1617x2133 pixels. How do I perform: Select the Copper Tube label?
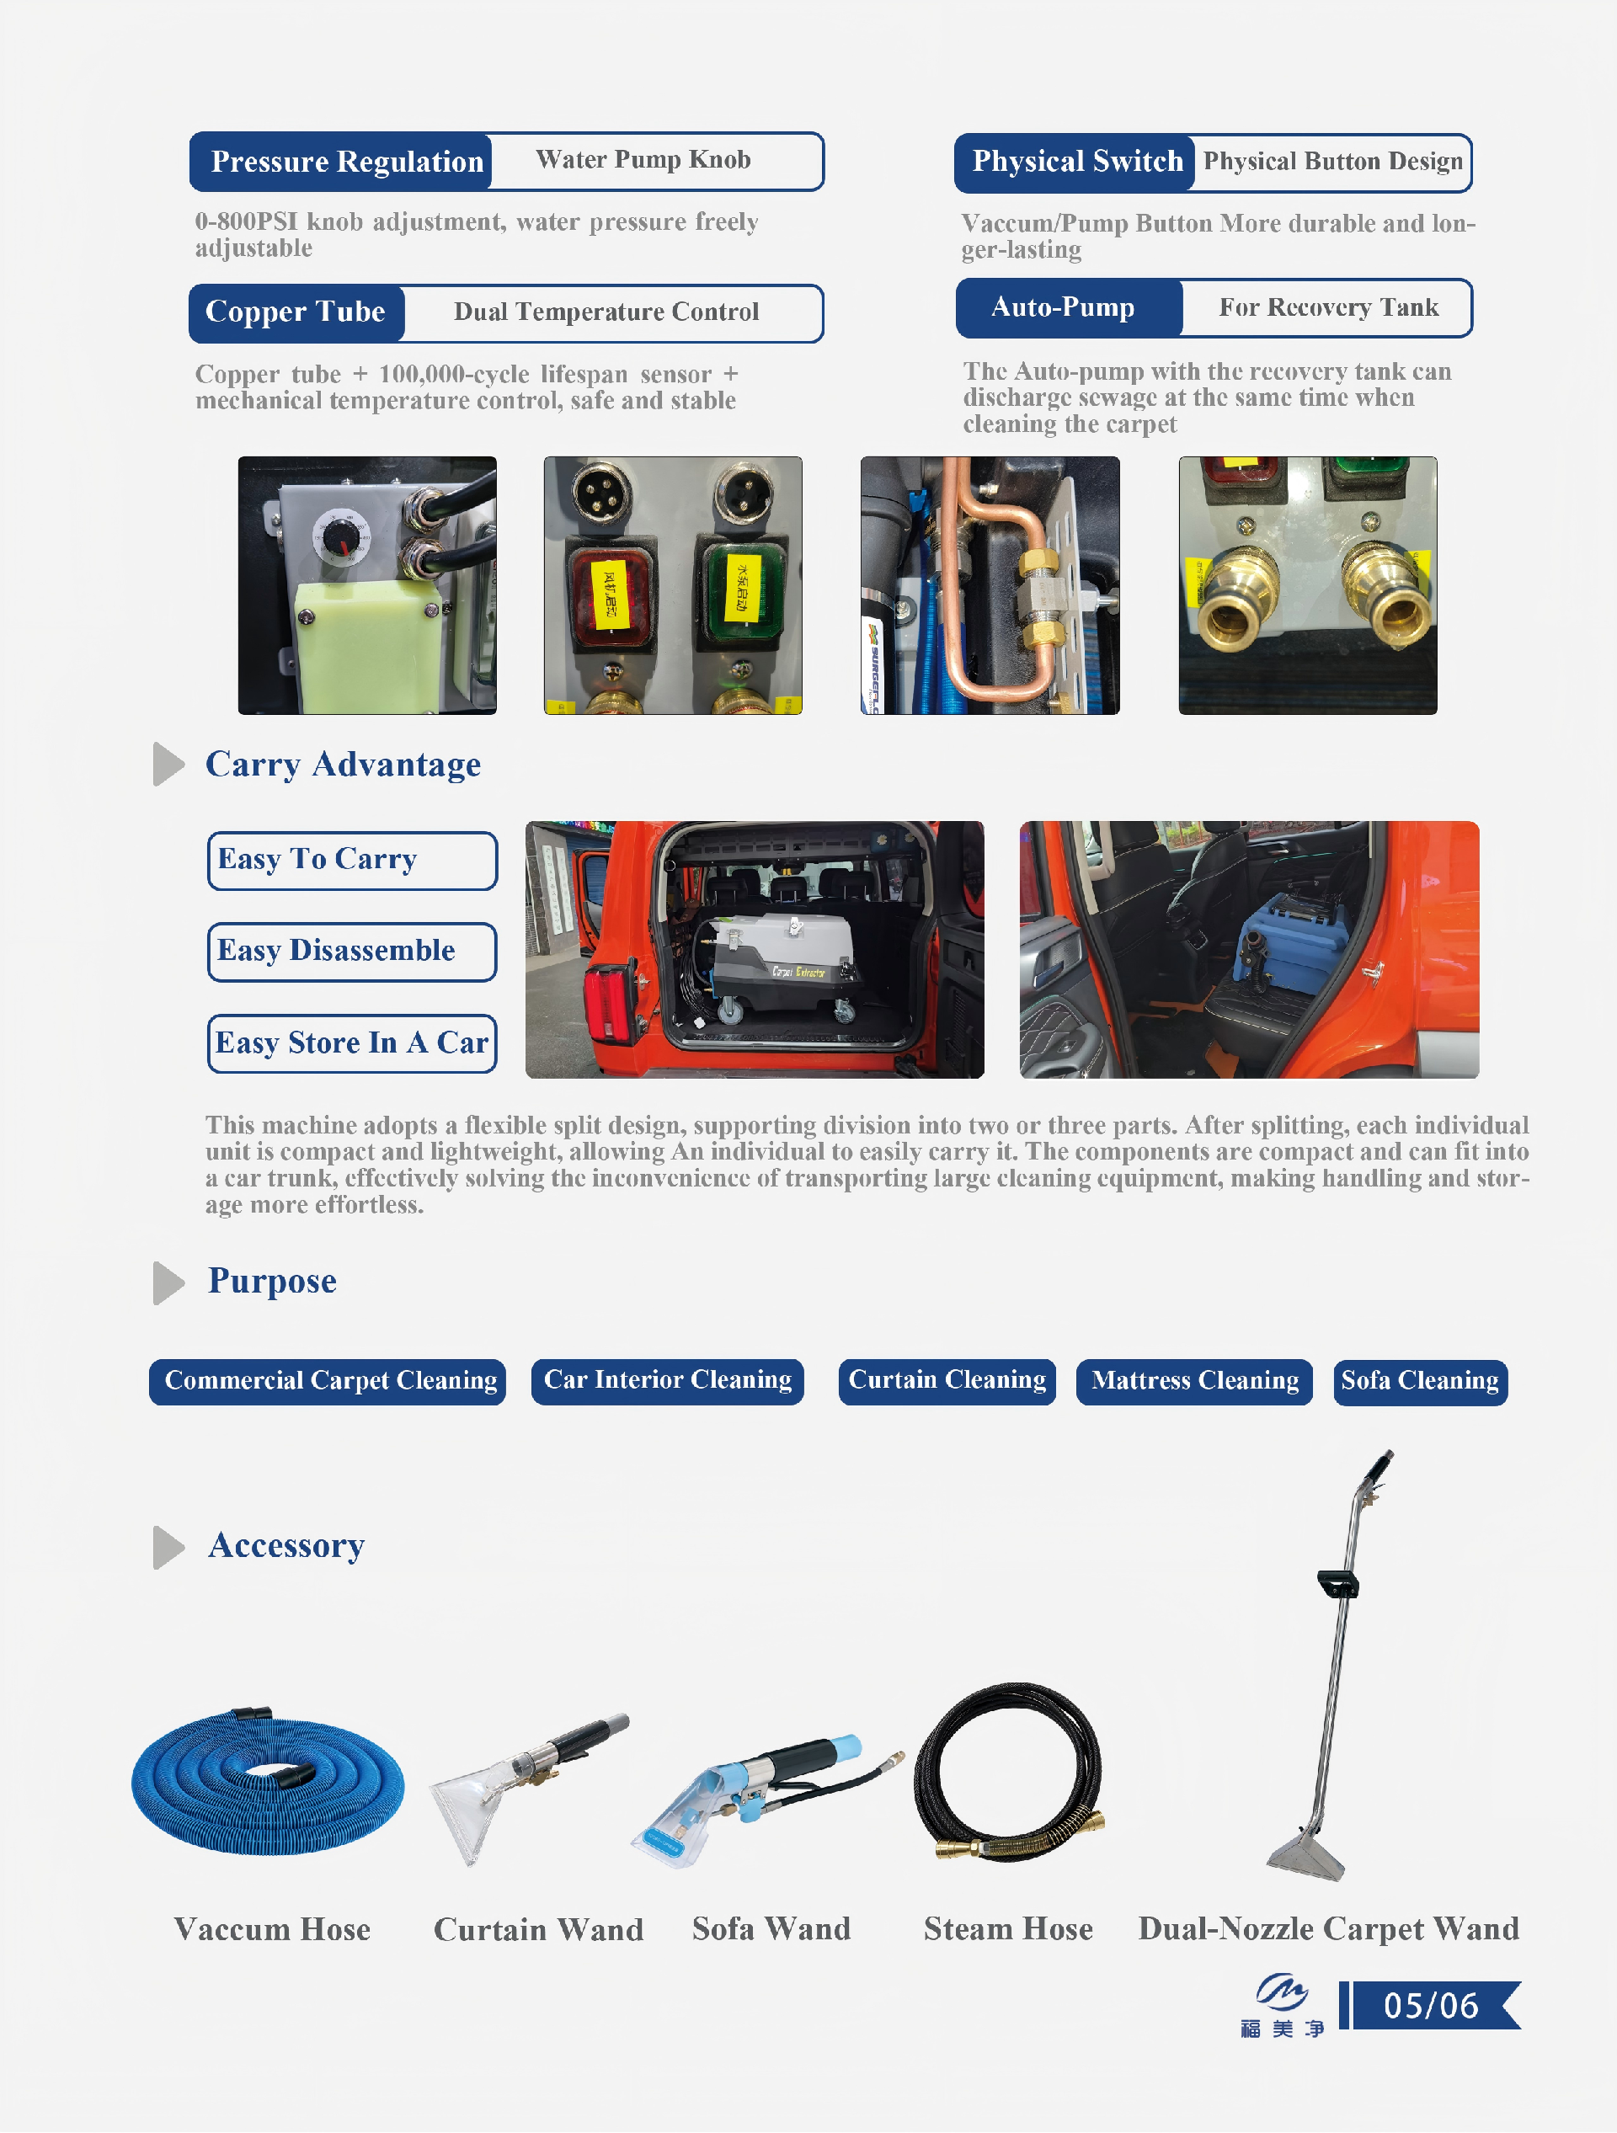[x=296, y=312]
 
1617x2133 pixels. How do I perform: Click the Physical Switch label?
[x=1075, y=162]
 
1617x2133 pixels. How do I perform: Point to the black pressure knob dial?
[x=339, y=536]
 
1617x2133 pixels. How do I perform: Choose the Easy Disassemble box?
[x=352, y=952]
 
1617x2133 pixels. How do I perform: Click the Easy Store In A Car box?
[x=352, y=1043]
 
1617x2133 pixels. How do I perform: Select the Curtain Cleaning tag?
[x=947, y=1381]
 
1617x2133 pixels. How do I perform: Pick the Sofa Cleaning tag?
[x=1419, y=1381]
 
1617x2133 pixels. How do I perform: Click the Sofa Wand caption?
[x=771, y=1928]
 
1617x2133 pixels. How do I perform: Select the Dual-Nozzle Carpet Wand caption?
[x=1329, y=1928]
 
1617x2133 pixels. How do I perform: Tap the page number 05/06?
[x=1431, y=2006]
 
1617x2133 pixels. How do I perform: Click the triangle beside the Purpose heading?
[x=167, y=1282]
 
